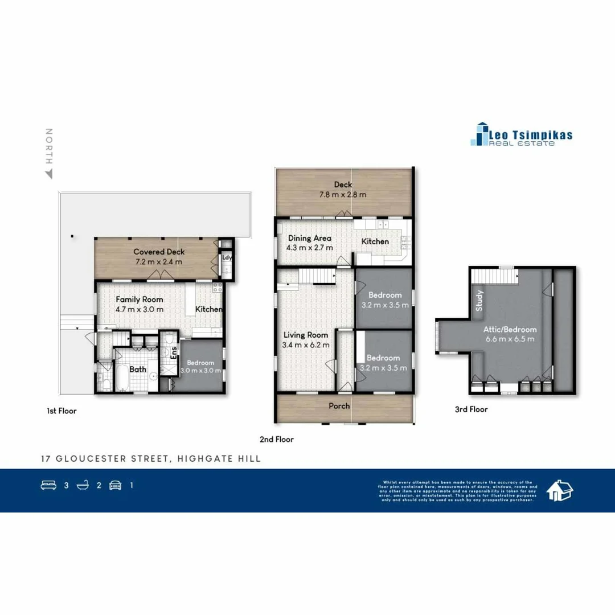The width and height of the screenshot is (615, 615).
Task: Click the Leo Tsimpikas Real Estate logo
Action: [521, 134]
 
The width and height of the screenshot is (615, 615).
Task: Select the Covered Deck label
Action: [159, 252]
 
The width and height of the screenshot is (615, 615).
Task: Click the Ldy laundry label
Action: [227, 257]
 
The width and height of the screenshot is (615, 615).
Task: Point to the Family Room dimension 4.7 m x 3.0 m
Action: [140, 309]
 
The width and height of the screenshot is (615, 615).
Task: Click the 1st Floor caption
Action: [61, 410]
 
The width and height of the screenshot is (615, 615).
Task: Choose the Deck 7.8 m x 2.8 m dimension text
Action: [343, 195]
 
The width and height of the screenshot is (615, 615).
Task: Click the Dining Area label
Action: [309, 239]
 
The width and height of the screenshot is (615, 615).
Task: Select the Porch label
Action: [339, 405]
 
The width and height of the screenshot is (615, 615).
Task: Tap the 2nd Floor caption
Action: [276, 439]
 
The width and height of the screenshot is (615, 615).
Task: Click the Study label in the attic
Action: [479, 301]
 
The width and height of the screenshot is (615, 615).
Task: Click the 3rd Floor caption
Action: [471, 409]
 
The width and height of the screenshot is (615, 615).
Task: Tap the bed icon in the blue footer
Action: [48, 485]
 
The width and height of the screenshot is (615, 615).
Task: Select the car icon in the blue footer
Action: [116, 485]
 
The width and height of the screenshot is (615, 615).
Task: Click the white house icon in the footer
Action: [560, 490]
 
